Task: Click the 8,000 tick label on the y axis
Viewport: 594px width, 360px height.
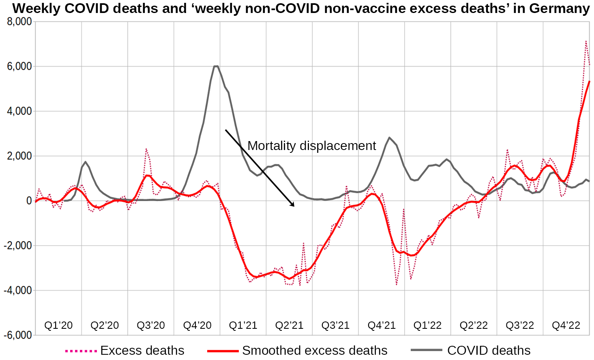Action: tap(19, 22)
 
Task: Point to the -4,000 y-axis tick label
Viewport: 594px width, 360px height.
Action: tap(17, 291)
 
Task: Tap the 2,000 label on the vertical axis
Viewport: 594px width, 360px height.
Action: tap(19, 156)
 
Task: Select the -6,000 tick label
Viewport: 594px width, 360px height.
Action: tap(17, 335)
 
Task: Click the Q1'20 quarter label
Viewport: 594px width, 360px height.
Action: tap(58, 325)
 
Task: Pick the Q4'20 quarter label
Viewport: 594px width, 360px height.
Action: tap(197, 325)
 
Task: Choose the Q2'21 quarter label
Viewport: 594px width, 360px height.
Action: tap(289, 325)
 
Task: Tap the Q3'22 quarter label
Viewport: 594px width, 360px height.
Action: tap(520, 325)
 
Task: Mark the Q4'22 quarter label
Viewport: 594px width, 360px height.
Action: tap(566, 325)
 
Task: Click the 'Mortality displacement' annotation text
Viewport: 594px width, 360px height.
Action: tap(311, 146)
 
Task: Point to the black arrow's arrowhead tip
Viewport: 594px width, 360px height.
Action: tap(294, 206)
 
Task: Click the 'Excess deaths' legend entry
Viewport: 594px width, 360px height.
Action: tap(142, 350)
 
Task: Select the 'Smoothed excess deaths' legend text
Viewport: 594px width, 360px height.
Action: tap(315, 350)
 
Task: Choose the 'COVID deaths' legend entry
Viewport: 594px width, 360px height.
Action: tap(489, 350)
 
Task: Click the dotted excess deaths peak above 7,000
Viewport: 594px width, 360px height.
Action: tap(586, 41)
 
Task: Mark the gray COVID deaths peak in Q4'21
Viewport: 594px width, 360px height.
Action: tap(389, 137)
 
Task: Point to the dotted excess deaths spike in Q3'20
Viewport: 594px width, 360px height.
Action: tap(146, 149)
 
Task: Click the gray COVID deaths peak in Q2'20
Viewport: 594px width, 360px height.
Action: tap(85, 162)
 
